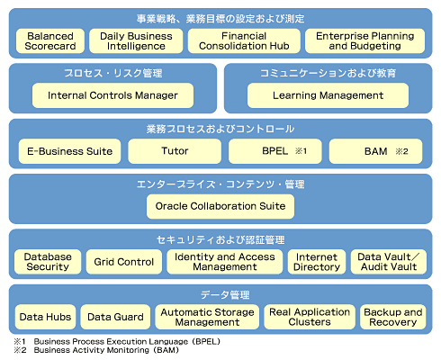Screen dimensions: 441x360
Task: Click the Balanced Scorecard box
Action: [50, 41]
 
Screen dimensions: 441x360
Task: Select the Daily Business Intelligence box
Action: [136, 41]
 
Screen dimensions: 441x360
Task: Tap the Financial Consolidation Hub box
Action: [244, 41]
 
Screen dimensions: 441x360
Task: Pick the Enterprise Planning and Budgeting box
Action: [364, 41]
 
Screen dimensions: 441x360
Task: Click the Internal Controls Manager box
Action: [112, 95]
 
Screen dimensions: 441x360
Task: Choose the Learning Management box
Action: [328, 95]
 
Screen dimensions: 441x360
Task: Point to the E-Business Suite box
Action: [69, 151]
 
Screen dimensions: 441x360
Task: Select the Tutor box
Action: [175, 151]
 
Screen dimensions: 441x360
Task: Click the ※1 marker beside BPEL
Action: [301, 151]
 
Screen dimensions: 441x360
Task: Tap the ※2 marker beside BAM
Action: [401, 151]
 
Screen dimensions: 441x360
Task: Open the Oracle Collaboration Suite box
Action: [220, 206]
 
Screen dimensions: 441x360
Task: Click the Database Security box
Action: [48, 262]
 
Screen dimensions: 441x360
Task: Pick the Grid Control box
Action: [124, 262]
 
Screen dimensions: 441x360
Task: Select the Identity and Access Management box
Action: [225, 262]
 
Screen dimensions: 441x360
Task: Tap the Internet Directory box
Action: [317, 262]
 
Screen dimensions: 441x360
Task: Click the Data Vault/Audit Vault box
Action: [389, 262]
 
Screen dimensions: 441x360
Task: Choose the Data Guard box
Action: [115, 317]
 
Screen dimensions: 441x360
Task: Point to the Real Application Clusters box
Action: [310, 317]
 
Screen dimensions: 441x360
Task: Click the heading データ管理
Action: [225, 295]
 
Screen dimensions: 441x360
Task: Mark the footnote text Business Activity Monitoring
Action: [91, 350]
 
